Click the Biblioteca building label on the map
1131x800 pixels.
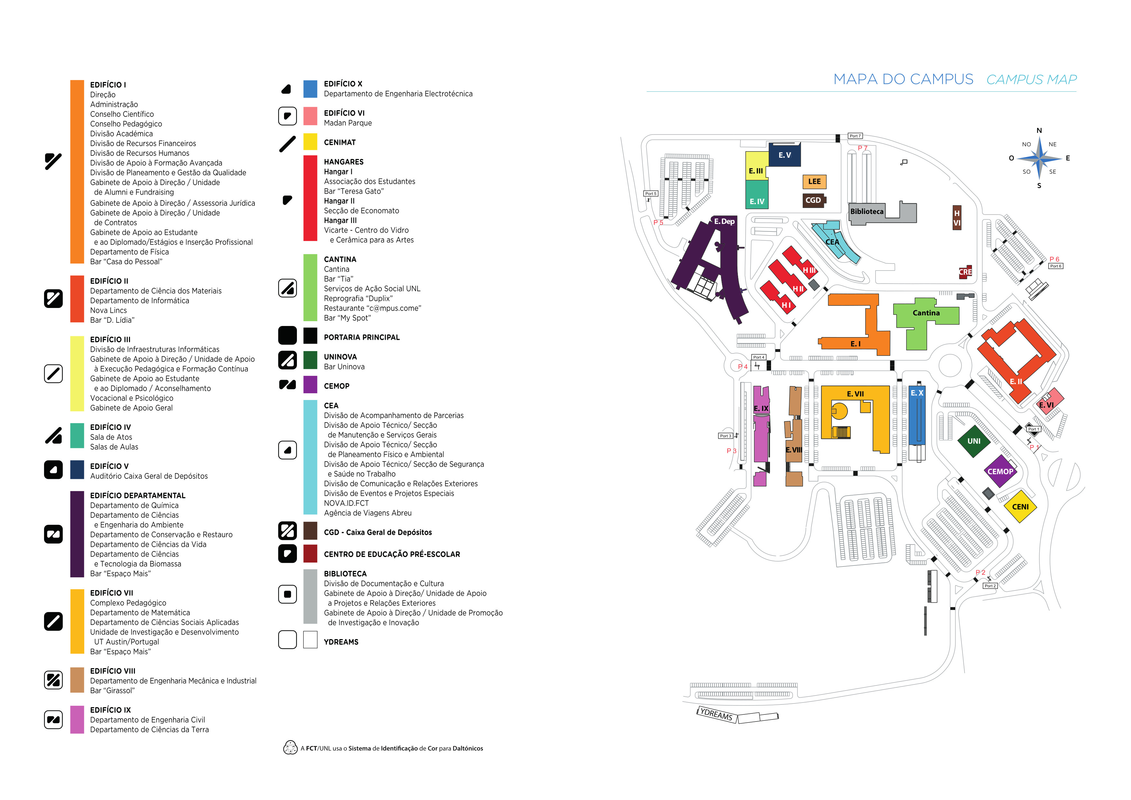click(x=867, y=211)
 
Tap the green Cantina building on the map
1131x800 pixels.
click(x=925, y=313)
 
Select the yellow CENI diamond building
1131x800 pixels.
click(x=1020, y=507)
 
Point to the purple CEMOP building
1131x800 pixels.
click(x=1000, y=471)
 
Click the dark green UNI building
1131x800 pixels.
click(x=973, y=441)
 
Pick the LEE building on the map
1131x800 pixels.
click(x=814, y=181)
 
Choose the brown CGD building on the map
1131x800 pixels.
click(x=813, y=200)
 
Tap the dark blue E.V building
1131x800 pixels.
click(x=784, y=155)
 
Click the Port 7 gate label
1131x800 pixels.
click(x=855, y=136)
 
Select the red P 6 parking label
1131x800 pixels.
click(x=1054, y=259)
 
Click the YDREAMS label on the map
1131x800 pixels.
click(x=716, y=714)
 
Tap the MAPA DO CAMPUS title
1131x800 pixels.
click(x=903, y=79)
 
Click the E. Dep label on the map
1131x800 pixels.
click(x=724, y=221)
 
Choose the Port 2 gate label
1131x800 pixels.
click(x=990, y=586)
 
